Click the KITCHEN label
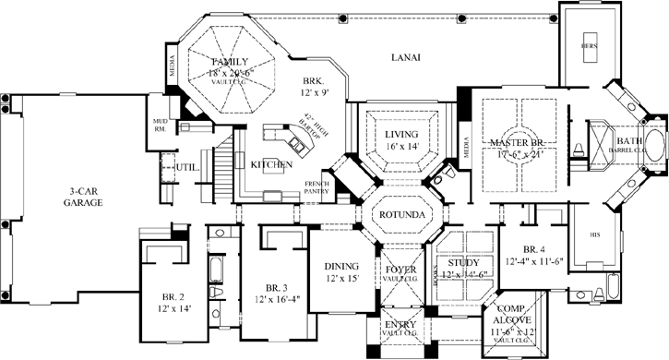(x=272, y=164)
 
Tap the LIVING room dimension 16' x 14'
(x=401, y=146)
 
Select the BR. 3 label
(x=275, y=287)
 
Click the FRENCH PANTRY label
(x=317, y=188)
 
